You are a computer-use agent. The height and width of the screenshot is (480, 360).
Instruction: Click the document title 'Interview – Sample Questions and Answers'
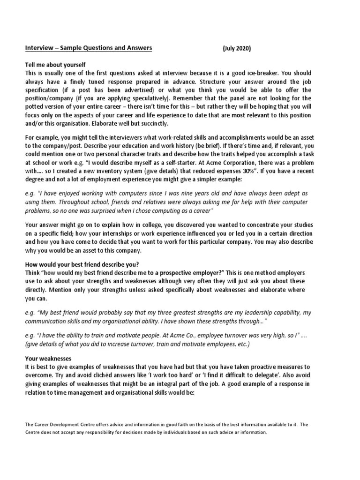click(88, 48)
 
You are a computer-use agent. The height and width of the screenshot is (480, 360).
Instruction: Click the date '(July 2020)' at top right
click(237, 49)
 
